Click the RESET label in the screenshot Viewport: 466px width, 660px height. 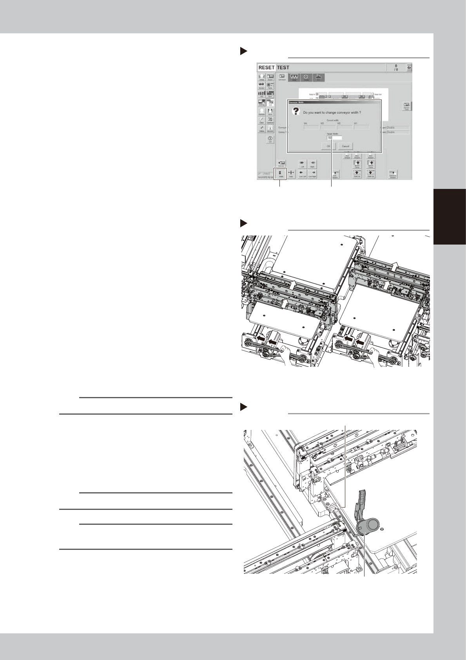click(267, 67)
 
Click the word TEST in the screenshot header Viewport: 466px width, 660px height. click(283, 67)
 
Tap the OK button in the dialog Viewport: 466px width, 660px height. click(328, 146)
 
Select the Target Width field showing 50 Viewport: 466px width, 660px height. click(334, 138)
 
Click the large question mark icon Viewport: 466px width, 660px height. click(296, 112)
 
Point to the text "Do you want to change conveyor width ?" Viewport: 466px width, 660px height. click(332, 112)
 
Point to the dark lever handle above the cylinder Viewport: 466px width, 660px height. click(361, 501)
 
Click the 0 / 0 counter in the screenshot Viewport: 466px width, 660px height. click(396, 68)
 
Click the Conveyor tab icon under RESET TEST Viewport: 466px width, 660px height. click(282, 78)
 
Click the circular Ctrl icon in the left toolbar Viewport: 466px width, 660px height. click(270, 140)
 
